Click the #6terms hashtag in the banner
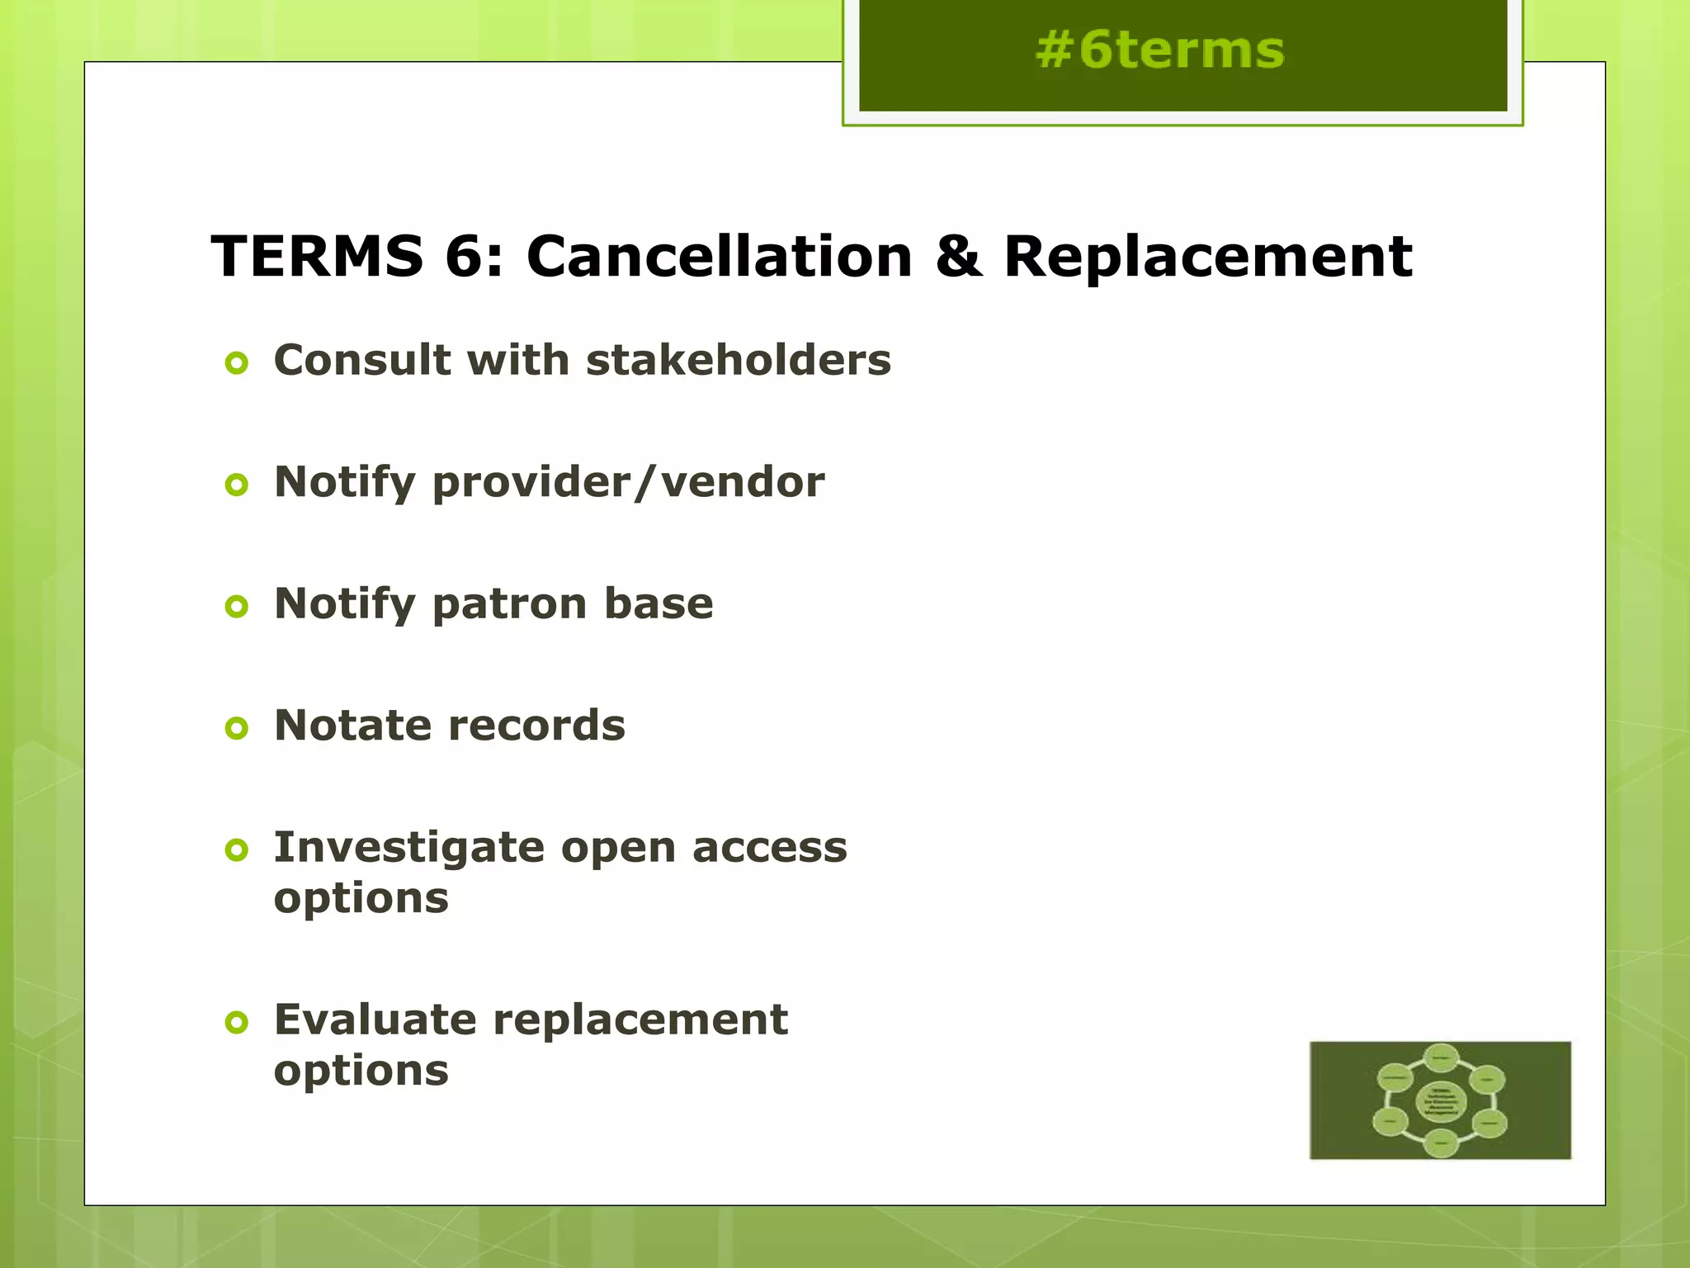(x=1159, y=50)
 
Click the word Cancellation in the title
(x=719, y=256)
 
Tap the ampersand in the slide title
(x=958, y=256)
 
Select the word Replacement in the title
(x=1207, y=256)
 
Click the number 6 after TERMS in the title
(x=463, y=256)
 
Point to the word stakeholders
(x=739, y=360)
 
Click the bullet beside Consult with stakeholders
(x=237, y=363)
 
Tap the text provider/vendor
(x=628, y=482)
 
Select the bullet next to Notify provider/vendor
(x=237, y=485)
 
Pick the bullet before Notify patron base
(x=237, y=607)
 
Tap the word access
(x=769, y=848)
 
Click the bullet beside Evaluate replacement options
(x=237, y=1023)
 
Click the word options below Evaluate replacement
(x=361, y=1071)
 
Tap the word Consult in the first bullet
(x=362, y=360)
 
